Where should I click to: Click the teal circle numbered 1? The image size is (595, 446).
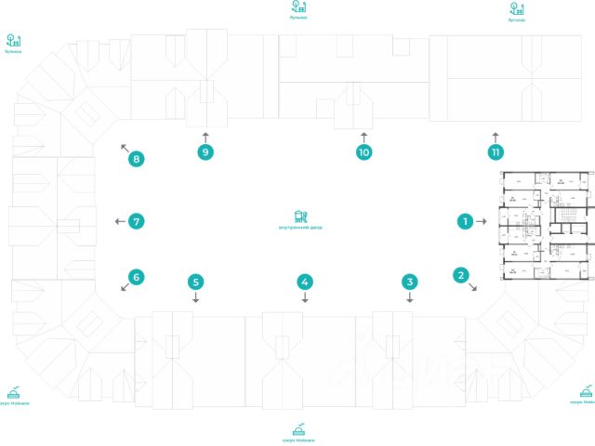coord(463,221)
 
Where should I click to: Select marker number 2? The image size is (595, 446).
coord(460,274)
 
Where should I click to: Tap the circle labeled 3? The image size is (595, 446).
coord(409,281)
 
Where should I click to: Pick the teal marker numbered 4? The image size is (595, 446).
coord(304,281)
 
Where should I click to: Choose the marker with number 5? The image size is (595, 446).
coord(195,281)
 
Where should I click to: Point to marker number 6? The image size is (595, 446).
coord(137,276)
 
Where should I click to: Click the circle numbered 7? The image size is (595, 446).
coord(137,221)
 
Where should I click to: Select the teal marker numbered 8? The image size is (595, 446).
coord(137,159)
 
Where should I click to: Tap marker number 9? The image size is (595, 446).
coord(205,151)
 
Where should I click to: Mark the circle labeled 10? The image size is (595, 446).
coord(364,151)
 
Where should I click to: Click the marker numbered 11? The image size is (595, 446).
coord(496,151)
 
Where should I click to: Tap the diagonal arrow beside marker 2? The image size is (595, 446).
coord(475,289)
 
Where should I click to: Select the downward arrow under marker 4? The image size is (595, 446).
coord(304,299)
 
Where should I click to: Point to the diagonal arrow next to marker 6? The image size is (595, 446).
coord(124,288)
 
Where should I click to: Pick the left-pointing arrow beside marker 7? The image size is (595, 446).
coord(118,221)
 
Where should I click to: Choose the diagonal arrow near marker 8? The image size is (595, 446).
coord(123,146)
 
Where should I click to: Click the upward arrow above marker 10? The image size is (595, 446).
coord(364,135)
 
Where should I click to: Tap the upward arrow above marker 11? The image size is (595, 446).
coord(496,135)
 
